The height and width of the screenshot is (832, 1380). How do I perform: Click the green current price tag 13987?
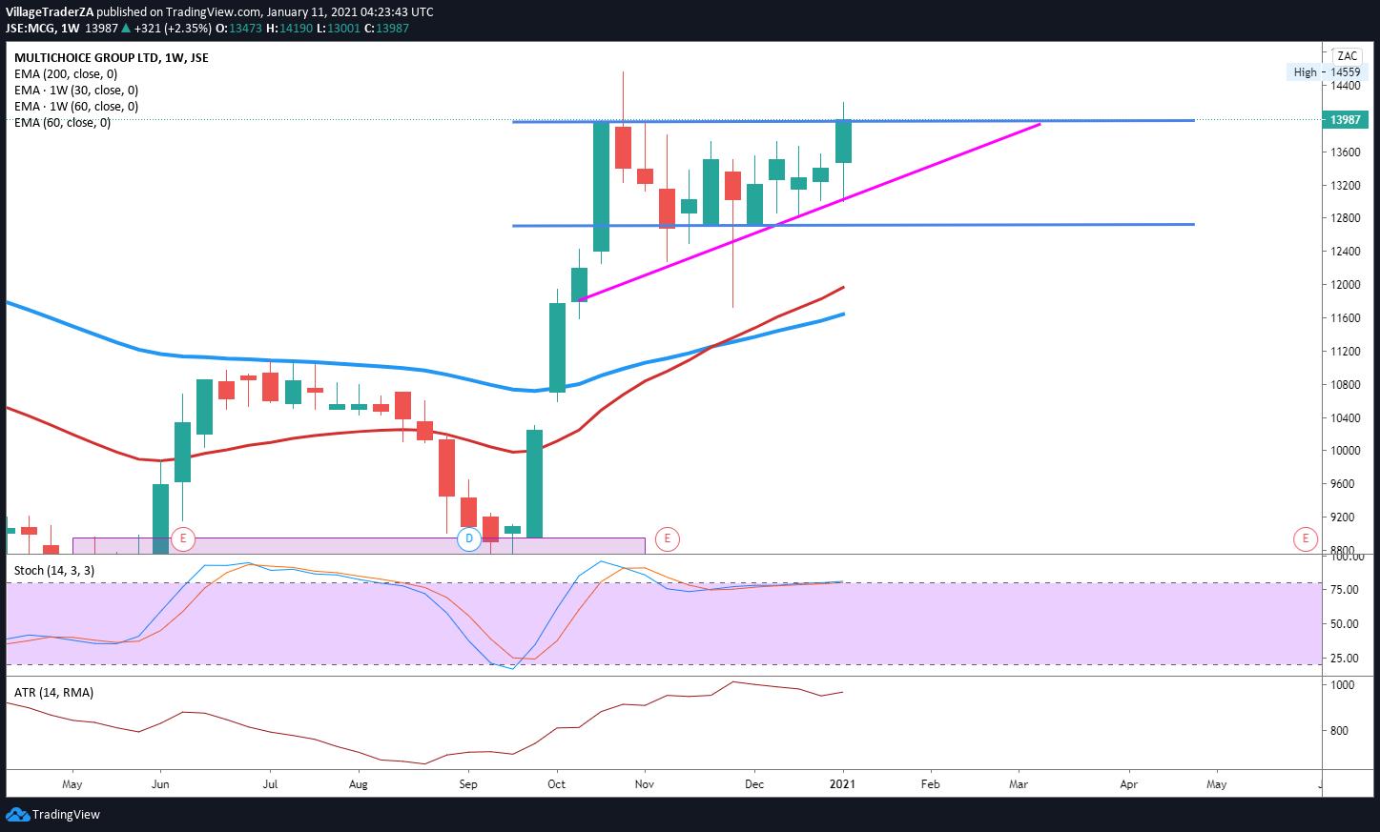point(1345,120)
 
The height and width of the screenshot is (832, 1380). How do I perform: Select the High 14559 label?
point(1327,72)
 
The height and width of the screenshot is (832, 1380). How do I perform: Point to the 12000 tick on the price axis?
point(1346,285)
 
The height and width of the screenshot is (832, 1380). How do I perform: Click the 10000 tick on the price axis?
point(1346,451)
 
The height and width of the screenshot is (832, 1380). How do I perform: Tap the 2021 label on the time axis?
point(842,784)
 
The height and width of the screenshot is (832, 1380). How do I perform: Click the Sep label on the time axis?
point(468,784)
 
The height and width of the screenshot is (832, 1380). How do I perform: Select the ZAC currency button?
point(1347,56)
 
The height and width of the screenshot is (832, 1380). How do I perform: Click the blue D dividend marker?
point(468,539)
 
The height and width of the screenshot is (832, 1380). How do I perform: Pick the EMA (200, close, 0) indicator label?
point(66,74)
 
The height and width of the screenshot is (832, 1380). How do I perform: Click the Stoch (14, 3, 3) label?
point(54,571)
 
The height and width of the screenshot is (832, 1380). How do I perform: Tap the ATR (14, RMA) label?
point(54,693)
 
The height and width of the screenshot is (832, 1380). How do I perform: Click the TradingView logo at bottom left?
point(53,815)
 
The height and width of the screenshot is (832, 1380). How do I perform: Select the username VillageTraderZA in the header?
point(50,12)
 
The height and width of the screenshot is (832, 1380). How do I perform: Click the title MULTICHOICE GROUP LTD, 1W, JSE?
point(112,58)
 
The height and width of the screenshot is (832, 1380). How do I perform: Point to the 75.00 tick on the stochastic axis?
point(1345,590)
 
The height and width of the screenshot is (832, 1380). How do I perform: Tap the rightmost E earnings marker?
point(1306,539)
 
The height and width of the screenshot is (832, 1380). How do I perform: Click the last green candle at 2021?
point(843,141)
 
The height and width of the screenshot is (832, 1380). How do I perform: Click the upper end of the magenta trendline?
point(1040,124)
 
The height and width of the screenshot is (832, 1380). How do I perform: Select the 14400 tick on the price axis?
point(1346,86)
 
